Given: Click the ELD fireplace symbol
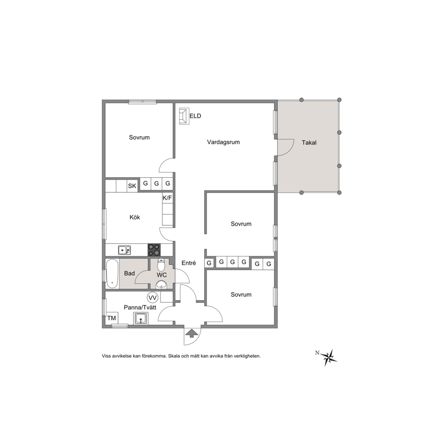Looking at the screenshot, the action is (x=184, y=116).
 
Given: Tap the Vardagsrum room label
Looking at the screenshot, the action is (x=223, y=142).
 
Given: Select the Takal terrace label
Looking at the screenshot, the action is (x=309, y=142).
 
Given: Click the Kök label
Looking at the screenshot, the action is (x=135, y=217).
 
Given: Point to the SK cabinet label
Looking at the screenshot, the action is (x=132, y=186).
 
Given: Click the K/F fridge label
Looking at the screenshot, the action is (x=167, y=198).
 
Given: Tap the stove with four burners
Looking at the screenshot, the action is (x=154, y=250).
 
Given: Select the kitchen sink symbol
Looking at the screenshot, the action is (x=124, y=250).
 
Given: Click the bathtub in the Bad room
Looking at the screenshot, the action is (x=112, y=274).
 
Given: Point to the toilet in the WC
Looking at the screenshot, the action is (x=161, y=264).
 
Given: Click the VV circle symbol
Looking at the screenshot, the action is (x=153, y=297).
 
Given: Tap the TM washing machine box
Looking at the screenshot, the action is (x=112, y=318).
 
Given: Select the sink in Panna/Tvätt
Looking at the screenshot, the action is (x=140, y=319).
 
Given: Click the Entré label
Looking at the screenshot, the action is (x=189, y=263).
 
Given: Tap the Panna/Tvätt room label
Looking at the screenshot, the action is (x=140, y=307).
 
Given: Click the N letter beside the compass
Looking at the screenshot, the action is (x=317, y=353).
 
